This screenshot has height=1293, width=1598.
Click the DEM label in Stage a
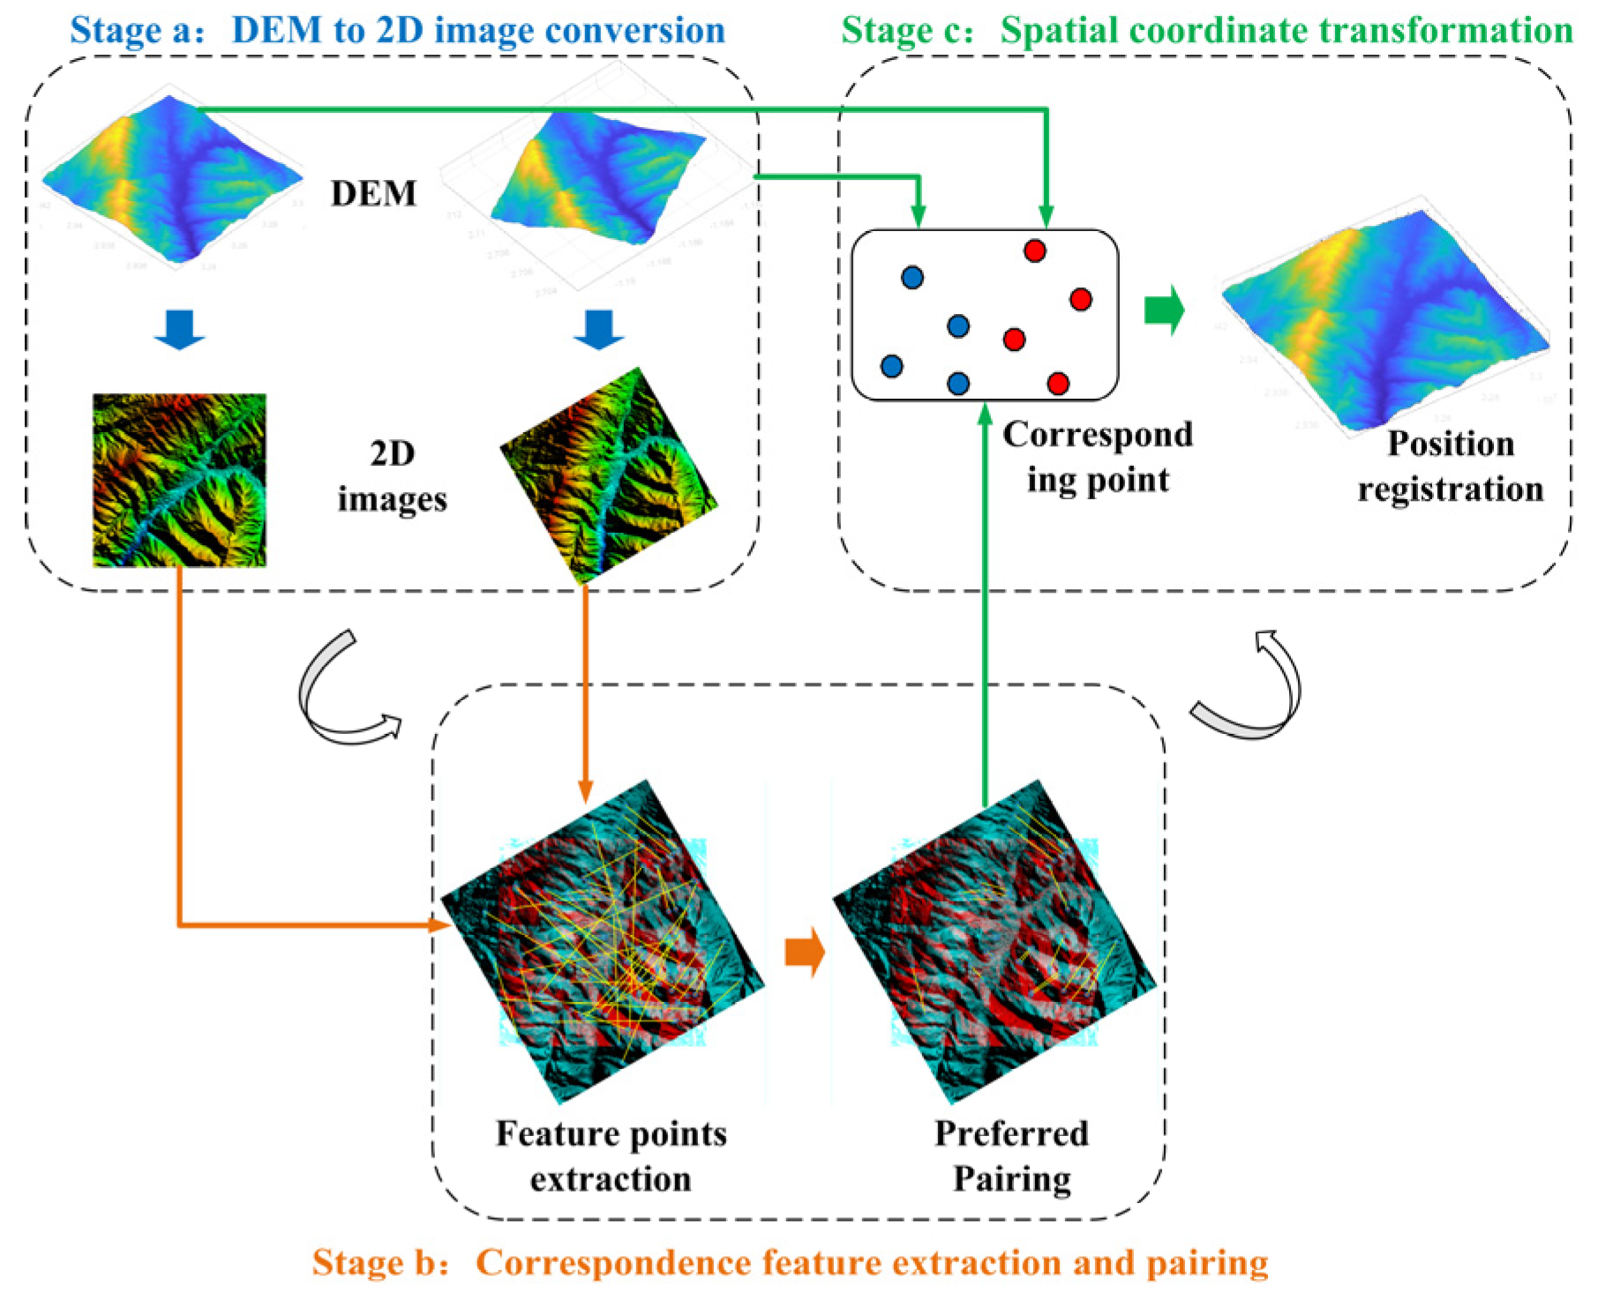[372, 193]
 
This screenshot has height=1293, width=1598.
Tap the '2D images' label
[392, 477]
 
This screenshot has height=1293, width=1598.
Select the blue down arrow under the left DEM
[179, 329]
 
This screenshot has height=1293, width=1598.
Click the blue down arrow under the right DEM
[598, 329]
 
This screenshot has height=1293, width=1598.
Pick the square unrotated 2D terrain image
[179, 479]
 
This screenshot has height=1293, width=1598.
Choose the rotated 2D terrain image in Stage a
[609, 476]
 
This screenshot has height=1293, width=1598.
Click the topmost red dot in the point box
[1034, 250]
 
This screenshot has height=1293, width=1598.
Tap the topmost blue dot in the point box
[912, 278]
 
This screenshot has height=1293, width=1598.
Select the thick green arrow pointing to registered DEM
[1164, 310]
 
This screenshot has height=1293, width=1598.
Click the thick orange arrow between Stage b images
[804, 952]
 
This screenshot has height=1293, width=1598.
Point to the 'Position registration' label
[1450, 466]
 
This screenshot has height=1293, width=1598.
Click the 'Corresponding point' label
[1097, 457]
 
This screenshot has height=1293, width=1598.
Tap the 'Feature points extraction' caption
[611, 1155]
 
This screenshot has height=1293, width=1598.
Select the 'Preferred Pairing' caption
[1011, 1155]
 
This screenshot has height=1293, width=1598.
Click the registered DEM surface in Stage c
[1385, 326]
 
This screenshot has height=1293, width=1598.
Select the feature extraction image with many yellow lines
[603, 941]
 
